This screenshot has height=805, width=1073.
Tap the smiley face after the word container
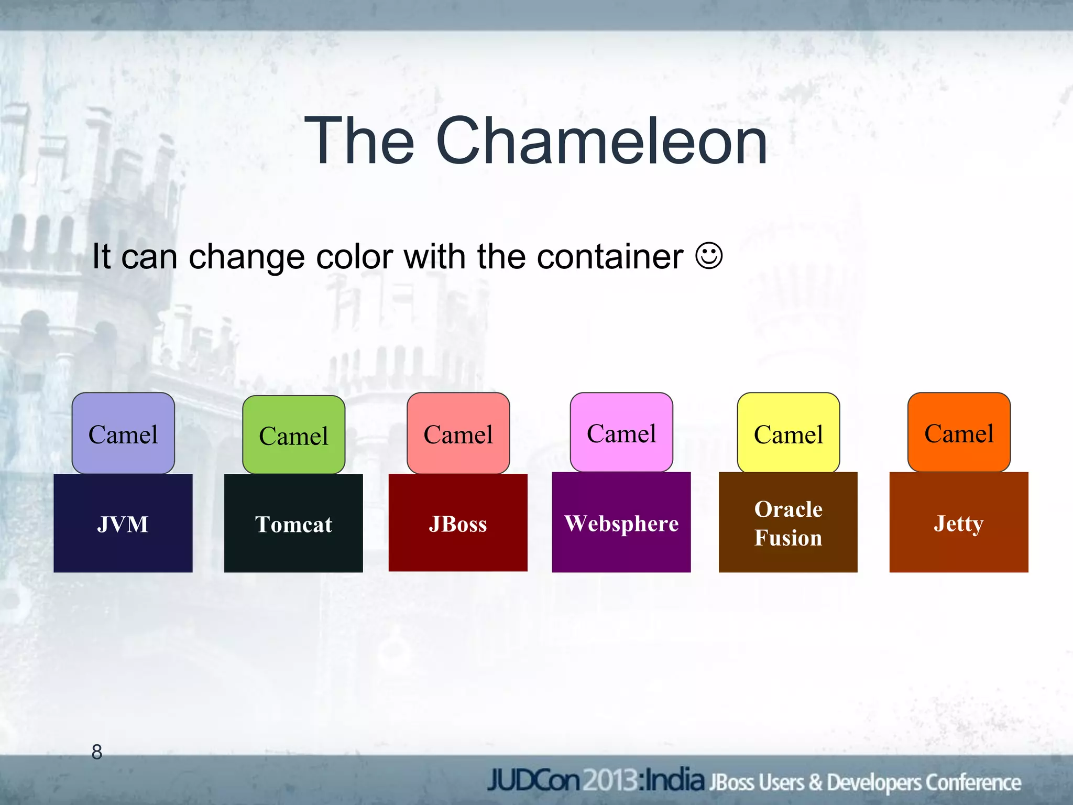tap(709, 256)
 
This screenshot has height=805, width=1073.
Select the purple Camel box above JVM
tap(123, 433)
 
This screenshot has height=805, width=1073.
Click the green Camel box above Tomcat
tap(293, 434)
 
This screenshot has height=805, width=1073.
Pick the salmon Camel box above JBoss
tap(458, 433)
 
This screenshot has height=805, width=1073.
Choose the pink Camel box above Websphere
tap(621, 432)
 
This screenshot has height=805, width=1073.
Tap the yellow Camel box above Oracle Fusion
tap(788, 433)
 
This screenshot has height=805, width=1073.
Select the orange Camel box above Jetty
tap(959, 432)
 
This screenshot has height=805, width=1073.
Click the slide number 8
tap(97, 752)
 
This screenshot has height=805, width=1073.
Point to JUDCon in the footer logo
tap(533, 781)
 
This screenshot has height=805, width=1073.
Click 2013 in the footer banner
tap(611, 781)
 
